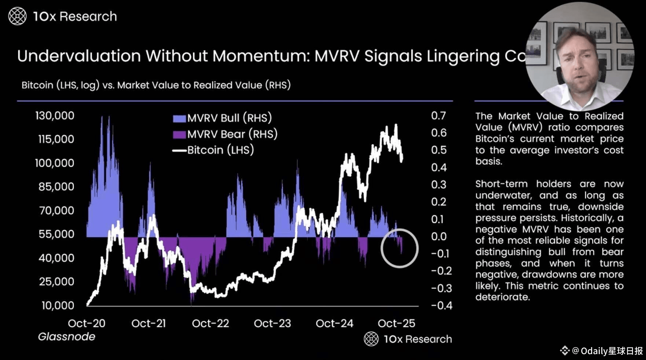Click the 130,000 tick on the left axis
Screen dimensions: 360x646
click(x=55, y=116)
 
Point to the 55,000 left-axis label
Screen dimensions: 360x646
click(x=56, y=234)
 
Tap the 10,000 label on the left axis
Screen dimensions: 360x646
click(x=58, y=305)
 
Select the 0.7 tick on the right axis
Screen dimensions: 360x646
click(x=438, y=116)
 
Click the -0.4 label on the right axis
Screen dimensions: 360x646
click(x=441, y=305)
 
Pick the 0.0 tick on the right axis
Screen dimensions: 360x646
click(x=439, y=236)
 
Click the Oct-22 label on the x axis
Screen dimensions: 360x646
click(x=210, y=323)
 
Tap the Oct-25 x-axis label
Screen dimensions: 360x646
click(x=396, y=323)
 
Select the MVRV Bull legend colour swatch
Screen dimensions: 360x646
click(x=179, y=118)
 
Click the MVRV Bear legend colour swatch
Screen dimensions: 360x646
click(x=179, y=135)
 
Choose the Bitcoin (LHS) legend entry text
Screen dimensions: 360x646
click(x=220, y=150)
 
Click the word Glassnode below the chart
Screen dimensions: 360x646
click(x=66, y=337)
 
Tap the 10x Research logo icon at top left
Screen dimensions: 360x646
click(x=17, y=16)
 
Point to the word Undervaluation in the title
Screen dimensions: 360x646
click(x=79, y=56)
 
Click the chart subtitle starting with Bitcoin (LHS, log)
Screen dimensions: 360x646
click(x=156, y=85)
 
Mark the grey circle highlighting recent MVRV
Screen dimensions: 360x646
click(x=400, y=248)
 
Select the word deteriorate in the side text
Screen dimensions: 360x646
click(x=502, y=297)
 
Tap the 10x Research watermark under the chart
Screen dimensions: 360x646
click(x=408, y=339)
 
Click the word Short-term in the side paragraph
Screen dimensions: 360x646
click(x=501, y=184)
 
